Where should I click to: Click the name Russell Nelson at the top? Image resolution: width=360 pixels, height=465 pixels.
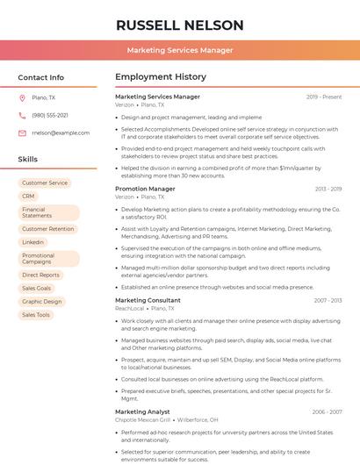(179, 25)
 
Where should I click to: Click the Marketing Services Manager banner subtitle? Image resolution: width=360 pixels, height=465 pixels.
(179, 51)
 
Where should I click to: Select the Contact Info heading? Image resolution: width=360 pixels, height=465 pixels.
(41, 77)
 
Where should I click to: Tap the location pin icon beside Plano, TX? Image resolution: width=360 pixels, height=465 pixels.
(22, 98)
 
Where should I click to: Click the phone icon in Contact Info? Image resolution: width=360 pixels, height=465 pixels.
(22, 115)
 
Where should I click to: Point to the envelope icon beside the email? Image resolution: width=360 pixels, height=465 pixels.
(22, 132)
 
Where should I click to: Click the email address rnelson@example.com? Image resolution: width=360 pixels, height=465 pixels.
(61, 132)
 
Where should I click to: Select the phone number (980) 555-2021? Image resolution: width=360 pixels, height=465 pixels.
(50, 115)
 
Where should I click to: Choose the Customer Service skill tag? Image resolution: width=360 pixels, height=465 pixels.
(45, 182)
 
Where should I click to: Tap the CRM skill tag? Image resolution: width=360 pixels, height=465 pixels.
(29, 196)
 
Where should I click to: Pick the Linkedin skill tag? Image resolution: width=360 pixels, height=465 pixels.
(33, 241)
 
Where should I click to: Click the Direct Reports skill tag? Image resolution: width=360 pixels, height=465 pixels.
(41, 275)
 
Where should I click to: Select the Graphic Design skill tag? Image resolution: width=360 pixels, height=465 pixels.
(42, 301)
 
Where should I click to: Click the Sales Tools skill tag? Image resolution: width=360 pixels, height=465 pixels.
(36, 314)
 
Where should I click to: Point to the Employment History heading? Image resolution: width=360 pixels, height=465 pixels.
(161, 77)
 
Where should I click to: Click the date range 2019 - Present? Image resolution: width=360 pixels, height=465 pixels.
(324, 97)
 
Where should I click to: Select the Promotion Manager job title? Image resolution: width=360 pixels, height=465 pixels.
(145, 189)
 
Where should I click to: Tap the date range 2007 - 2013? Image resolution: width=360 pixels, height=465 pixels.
(328, 300)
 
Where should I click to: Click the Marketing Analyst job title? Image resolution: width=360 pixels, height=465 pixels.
(142, 411)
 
